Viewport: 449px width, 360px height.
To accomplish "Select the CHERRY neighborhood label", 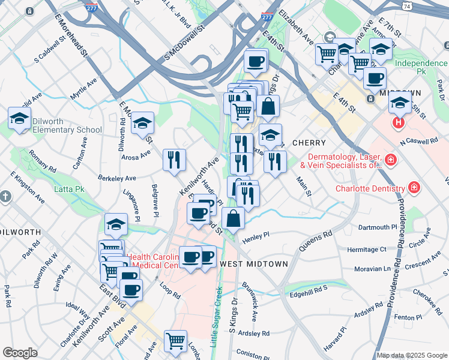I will [x=309, y=143].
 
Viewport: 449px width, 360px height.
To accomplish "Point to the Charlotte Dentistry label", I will [x=370, y=188].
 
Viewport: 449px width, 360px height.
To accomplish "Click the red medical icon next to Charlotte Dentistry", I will [x=414, y=188].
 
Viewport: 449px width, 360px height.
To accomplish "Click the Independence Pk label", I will [x=421, y=64].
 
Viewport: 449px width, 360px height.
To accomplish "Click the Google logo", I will [x=20, y=353].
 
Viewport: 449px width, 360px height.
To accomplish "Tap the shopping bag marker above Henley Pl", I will [x=234, y=218].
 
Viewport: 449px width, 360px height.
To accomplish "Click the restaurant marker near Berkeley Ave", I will [x=174, y=160].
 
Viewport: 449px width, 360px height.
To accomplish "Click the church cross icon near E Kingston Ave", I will [x=5, y=196].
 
